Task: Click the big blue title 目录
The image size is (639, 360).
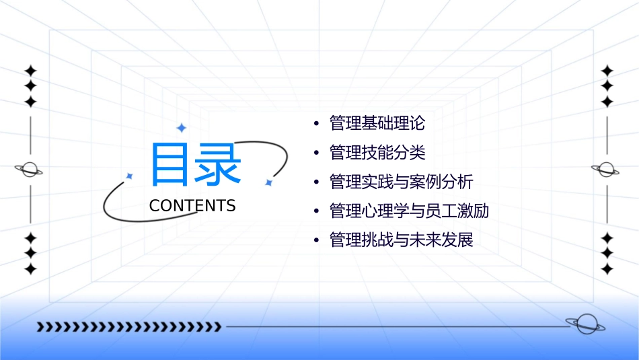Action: point(195,165)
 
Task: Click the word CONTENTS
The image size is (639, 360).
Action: point(192,206)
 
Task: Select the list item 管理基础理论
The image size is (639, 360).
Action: point(377,124)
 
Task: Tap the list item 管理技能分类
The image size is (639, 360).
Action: point(377,153)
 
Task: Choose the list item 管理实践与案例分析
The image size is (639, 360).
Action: point(402,182)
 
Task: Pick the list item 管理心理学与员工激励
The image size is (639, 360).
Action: point(409,211)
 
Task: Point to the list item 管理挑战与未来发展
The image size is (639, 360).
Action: point(402,240)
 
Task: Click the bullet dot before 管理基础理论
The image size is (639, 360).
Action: point(316,124)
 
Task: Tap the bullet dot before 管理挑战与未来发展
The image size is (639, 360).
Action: point(316,241)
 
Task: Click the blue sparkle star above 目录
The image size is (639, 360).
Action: point(181,128)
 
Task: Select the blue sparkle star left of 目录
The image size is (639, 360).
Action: point(130,176)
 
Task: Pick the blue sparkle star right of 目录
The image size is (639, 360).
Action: point(268,182)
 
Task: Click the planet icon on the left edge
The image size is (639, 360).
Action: point(30,170)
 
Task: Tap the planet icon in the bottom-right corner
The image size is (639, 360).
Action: point(585,324)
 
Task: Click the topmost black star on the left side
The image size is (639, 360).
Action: point(30,70)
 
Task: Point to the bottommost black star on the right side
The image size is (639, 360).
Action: point(607,269)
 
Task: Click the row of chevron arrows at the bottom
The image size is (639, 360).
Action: point(128,327)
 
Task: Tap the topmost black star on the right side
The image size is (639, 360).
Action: point(607,70)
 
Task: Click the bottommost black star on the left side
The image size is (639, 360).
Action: point(30,269)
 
